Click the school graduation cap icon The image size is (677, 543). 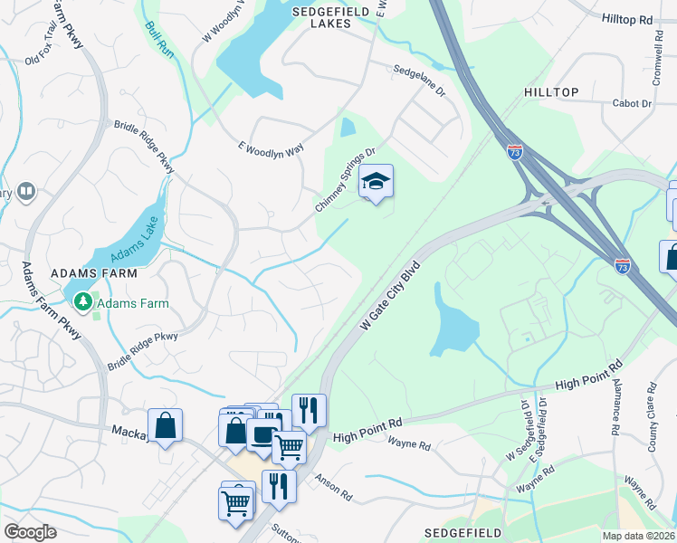pyautogui.click(x=376, y=183)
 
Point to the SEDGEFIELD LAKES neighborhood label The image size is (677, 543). pyautogui.click(x=327, y=17)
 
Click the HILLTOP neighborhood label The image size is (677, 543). pyautogui.click(x=550, y=92)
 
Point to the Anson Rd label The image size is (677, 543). pyautogui.click(x=333, y=487)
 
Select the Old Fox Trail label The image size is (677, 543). pyautogui.click(x=45, y=56)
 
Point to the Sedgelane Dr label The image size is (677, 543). pyautogui.click(x=418, y=80)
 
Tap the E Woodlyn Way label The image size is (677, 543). pyautogui.click(x=271, y=149)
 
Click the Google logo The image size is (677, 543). pyautogui.click(x=30, y=532)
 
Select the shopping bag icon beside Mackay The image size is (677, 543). pyautogui.click(x=165, y=425)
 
